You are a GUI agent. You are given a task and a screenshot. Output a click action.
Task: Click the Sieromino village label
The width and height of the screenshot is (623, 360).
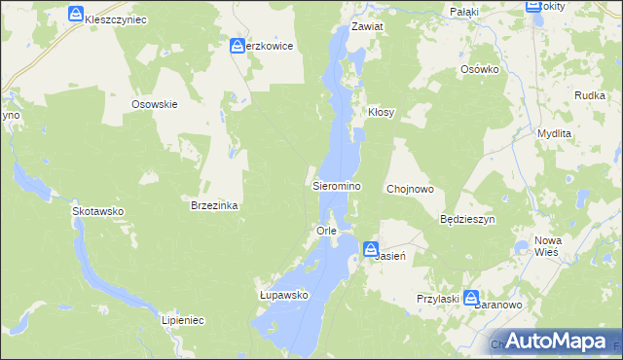[x=337, y=185]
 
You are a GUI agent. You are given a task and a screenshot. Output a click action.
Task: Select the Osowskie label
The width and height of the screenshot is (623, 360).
[x=154, y=104]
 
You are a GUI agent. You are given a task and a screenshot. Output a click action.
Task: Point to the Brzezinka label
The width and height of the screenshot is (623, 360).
[x=214, y=206]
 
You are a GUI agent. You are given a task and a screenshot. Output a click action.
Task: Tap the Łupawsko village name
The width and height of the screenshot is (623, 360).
[x=283, y=295]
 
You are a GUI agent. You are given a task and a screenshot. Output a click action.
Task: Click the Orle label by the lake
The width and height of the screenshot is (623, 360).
[x=326, y=231]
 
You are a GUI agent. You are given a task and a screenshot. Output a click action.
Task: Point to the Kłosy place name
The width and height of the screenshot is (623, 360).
[x=381, y=113]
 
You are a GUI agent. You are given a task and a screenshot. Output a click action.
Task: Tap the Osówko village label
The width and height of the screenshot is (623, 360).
[x=479, y=70]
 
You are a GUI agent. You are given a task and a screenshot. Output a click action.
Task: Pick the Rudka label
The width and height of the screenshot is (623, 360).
[x=591, y=94]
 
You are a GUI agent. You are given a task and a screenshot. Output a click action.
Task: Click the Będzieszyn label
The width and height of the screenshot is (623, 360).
[x=468, y=220]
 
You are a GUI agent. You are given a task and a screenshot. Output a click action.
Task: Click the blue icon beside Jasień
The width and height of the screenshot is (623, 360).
[x=372, y=250]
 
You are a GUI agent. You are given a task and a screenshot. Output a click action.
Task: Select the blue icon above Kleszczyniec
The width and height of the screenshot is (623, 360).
[x=77, y=14]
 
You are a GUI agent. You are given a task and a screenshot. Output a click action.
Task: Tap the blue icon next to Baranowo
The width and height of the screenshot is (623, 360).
[x=471, y=298]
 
